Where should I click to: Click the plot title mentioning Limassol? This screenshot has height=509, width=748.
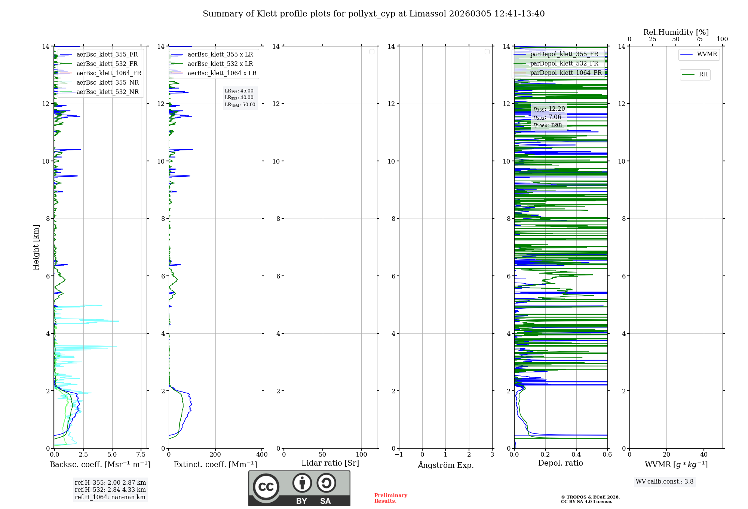tap(373, 14)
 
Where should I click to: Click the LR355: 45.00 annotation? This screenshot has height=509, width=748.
tap(239, 91)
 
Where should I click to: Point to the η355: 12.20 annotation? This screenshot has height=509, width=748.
tap(549, 109)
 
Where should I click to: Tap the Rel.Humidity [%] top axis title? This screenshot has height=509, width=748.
tap(676, 32)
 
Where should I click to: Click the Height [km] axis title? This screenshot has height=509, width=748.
tap(36, 247)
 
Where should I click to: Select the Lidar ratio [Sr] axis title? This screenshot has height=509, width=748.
tap(330, 463)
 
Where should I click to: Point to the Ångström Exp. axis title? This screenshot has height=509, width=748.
tap(445, 465)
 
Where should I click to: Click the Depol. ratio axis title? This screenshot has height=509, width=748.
tap(560, 463)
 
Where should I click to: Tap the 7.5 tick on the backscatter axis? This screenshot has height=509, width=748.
tap(141, 455)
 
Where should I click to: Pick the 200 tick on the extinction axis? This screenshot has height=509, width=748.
tap(215, 455)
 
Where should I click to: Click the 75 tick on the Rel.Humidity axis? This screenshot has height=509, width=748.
tap(699, 39)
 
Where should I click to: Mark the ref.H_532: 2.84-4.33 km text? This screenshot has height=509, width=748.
tap(110, 490)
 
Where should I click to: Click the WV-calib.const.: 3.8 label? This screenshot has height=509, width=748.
tap(664, 482)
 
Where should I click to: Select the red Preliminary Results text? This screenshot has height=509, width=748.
tap(390, 498)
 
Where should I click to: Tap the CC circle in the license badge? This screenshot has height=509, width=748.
tap(266, 487)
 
